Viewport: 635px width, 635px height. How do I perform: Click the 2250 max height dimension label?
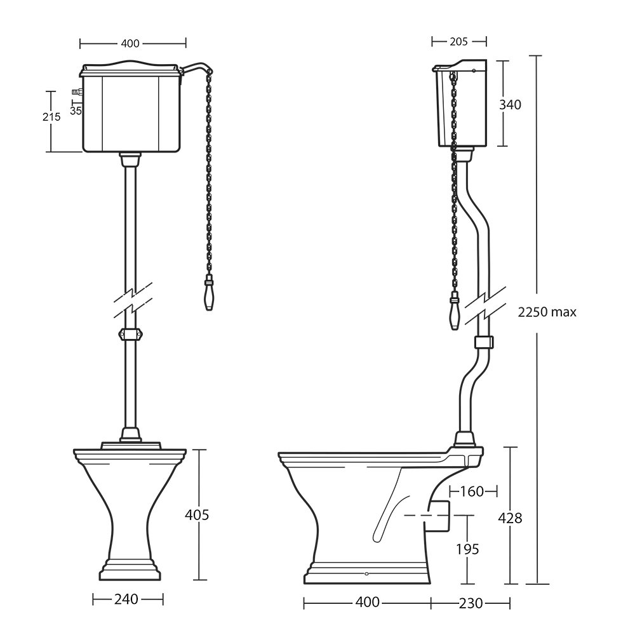(x=547, y=312)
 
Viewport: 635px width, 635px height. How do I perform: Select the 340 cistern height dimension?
(x=510, y=105)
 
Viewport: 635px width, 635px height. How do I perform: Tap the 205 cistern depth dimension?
(x=458, y=41)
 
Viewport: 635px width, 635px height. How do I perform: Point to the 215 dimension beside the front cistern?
(x=51, y=117)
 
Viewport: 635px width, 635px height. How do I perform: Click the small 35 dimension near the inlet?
(x=76, y=110)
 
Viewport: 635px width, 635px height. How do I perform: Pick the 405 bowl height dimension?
(x=197, y=515)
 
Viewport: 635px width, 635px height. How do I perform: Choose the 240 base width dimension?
(x=126, y=599)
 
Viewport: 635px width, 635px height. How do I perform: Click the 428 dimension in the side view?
(x=510, y=518)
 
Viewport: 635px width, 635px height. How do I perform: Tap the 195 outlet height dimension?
(x=467, y=549)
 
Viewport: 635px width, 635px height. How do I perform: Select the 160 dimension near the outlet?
(x=472, y=491)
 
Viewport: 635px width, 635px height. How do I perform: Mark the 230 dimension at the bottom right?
(x=471, y=604)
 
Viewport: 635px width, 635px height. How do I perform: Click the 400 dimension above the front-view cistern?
(x=130, y=43)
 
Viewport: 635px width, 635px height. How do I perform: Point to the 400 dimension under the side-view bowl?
(x=367, y=602)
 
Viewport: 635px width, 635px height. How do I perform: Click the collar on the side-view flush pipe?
(x=483, y=342)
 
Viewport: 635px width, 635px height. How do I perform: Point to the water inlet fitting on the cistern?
(x=77, y=92)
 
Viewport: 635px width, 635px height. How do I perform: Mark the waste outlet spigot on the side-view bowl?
(x=438, y=516)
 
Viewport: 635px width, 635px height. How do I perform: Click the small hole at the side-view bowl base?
(x=366, y=574)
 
